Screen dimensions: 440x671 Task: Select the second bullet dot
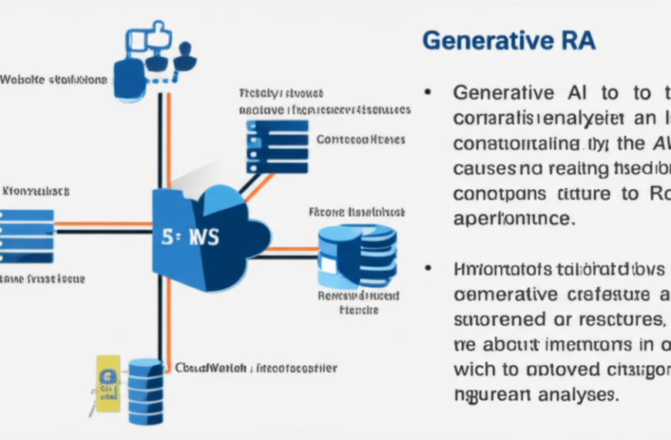[427, 269]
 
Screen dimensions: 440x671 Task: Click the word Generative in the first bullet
[503, 93]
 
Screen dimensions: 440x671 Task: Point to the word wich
[472, 370]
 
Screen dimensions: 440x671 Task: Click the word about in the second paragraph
[510, 344]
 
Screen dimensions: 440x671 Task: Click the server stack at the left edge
[26, 235]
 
